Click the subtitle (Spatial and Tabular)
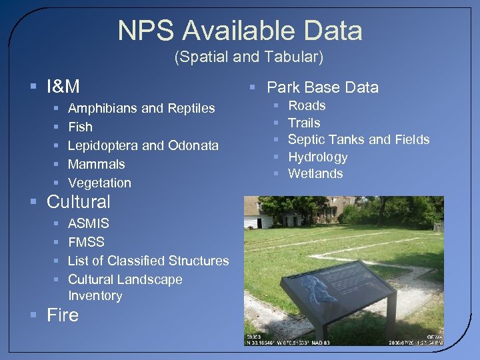(249, 58)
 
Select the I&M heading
(63, 87)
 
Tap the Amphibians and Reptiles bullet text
(141, 108)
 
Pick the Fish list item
(81, 127)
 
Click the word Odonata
(193, 145)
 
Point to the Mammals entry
(97, 164)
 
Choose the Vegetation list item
(100, 183)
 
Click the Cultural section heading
(79, 201)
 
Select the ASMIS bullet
(89, 223)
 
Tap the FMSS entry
(87, 242)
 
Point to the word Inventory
(95, 295)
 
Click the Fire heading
(63, 315)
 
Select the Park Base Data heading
(323, 87)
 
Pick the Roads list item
(307, 105)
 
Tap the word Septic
(305, 140)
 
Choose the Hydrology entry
(318, 157)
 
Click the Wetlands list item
(315, 174)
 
